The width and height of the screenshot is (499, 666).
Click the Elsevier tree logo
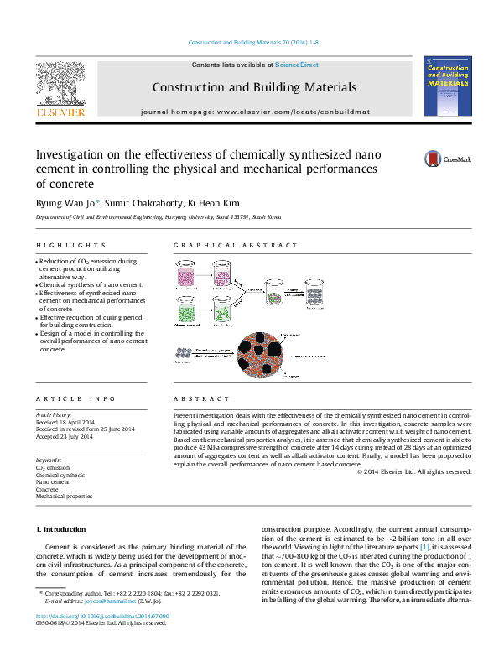coord(59,86)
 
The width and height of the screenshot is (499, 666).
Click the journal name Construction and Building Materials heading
coord(254,87)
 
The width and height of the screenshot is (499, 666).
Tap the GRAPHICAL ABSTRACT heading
coord(235,246)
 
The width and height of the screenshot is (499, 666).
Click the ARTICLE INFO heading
coord(65,399)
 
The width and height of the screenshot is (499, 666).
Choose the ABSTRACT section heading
coord(200,399)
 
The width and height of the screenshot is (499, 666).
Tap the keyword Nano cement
coord(52,482)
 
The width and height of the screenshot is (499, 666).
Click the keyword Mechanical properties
coord(64,497)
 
